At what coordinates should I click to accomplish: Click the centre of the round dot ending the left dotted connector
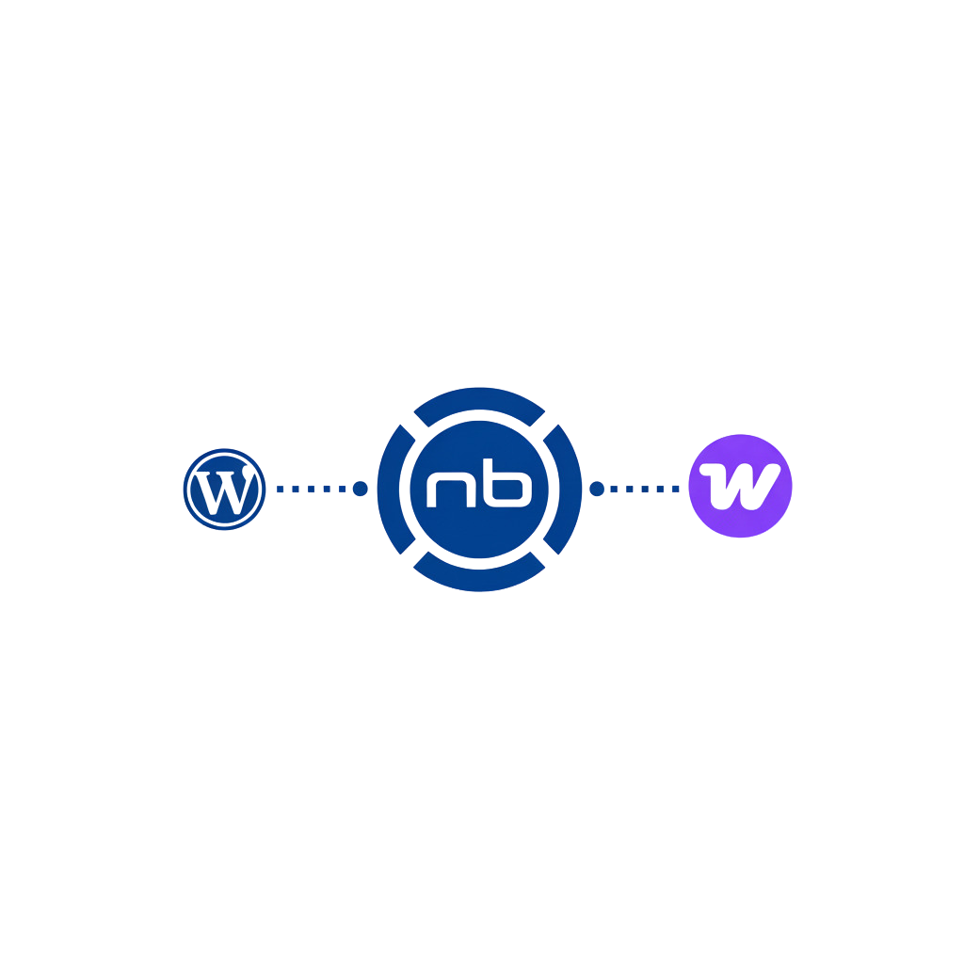[x=361, y=489]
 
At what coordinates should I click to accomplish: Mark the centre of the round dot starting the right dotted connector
[x=596, y=489]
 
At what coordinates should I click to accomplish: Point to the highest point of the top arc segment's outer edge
[x=479, y=387]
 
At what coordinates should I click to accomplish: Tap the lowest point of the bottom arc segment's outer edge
[x=479, y=592]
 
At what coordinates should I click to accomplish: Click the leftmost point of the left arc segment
[x=378, y=490]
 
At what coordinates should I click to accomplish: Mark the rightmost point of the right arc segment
[x=582, y=490]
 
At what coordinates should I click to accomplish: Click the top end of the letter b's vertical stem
[x=488, y=458]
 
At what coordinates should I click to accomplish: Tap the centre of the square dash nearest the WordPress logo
[x=280, y=490]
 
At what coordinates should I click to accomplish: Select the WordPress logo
[x=224, y=490]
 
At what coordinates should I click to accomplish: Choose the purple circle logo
[x=740, y=486]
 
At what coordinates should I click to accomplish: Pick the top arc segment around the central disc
[x=479, y=408]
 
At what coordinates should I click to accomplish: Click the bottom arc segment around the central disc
[x=479, y=571]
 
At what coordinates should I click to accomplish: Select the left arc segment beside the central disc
[x=396, y=490]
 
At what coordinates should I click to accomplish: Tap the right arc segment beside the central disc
[x=563, y=490]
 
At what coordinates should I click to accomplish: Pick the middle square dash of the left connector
[x=311, y=490]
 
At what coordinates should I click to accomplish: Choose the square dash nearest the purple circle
[x=675, y=490]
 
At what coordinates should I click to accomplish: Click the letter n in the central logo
[x=451, y=490]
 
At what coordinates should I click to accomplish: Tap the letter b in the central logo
[x=507, y=483]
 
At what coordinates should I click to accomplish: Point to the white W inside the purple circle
[x=740, y=487]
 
